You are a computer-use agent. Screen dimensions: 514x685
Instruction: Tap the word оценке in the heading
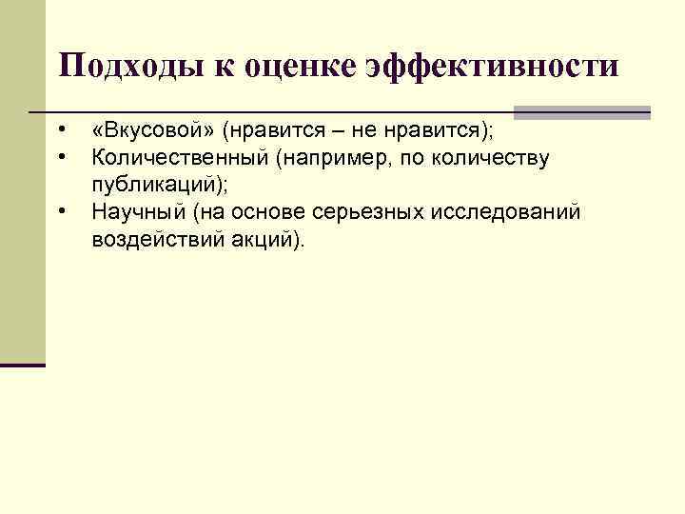click(x=290, y=67)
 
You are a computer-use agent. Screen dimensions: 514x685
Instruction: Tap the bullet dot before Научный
click(x=60, y=210)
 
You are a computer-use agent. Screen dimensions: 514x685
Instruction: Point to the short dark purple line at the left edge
click(x=23, y=365)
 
